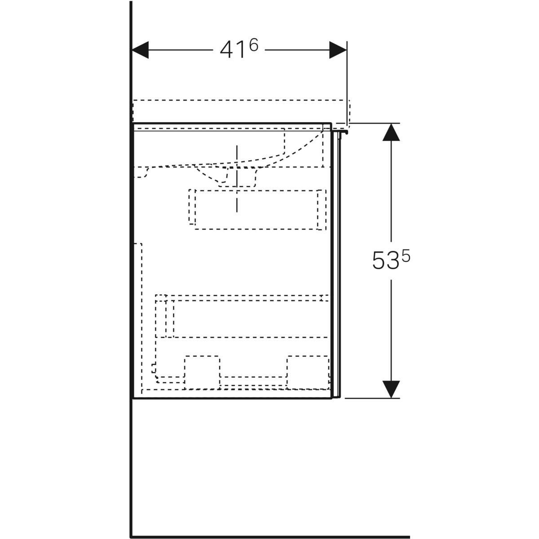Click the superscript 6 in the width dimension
point(253,45)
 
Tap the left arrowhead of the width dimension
point(140,50)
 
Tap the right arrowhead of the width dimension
point(338,50)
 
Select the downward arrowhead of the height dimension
point(391,389)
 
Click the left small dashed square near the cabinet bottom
point(202,372)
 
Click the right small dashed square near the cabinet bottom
point(308,372)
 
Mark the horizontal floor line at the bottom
point(269,537)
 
